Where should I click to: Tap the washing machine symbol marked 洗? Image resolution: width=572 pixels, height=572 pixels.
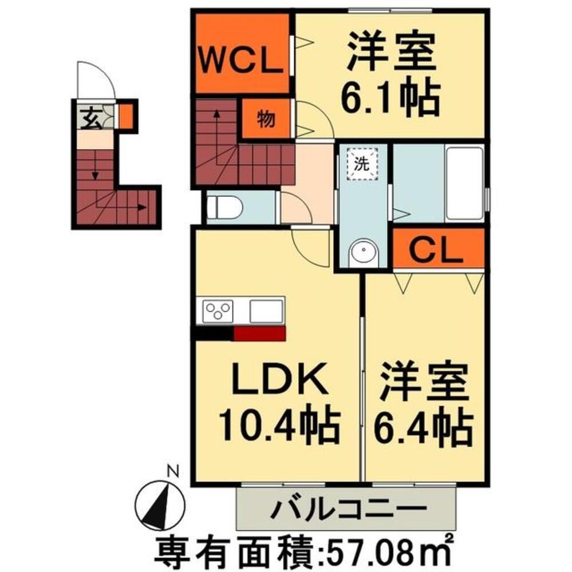(362, 164)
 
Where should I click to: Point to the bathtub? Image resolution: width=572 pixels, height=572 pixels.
(464, 184)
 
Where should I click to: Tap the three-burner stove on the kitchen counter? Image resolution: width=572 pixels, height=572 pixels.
(218, 311)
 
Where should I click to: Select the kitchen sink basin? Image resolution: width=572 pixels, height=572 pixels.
(266, 311)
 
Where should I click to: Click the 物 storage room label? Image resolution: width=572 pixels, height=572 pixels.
(266, 119)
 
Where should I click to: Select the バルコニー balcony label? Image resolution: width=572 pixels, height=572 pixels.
(348, 508)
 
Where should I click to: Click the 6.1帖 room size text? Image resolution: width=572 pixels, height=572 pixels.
(390, 96)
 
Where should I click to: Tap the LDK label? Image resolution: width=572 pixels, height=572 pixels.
(280, 378)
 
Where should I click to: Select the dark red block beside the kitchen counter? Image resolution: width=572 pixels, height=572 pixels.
(259, 334)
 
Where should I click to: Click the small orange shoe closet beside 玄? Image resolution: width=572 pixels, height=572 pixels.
(127, 116)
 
